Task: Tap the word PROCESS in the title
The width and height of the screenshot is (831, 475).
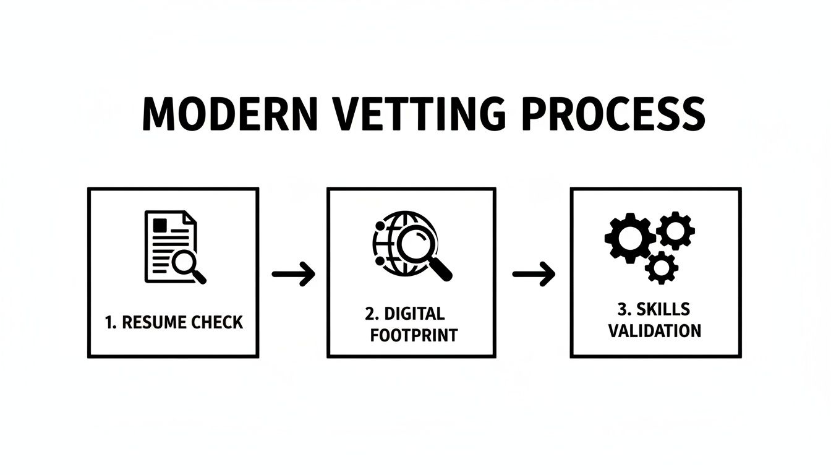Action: [611, 114]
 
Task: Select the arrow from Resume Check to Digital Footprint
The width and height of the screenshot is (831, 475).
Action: [293, 274]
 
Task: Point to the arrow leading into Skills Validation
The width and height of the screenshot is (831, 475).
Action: [533, 274]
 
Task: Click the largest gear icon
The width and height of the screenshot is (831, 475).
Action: [629, 237]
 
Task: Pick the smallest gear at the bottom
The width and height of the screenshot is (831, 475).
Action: [661, 267]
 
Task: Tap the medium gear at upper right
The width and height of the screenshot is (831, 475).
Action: [675, 230]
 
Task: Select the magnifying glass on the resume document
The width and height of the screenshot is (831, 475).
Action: [187, 264]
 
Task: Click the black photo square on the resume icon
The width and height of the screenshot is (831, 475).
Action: [160, 224]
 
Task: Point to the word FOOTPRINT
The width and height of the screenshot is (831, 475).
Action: [413, 335]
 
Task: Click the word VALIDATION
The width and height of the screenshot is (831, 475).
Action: [655, 331]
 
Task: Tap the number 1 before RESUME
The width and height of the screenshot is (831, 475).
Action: [109, 322]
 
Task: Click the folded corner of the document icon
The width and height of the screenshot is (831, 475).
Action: [189, 217]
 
